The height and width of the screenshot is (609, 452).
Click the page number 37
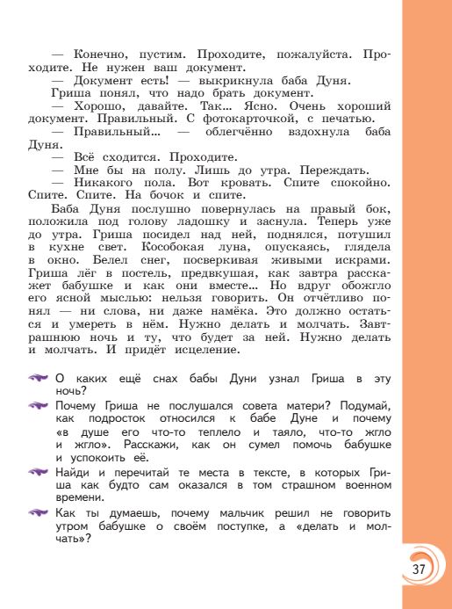point(418,569)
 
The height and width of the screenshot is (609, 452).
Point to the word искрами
point(362,261)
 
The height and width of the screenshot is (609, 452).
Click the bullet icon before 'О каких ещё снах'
point(39,378)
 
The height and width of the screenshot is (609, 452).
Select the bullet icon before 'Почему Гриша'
point(39,405)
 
